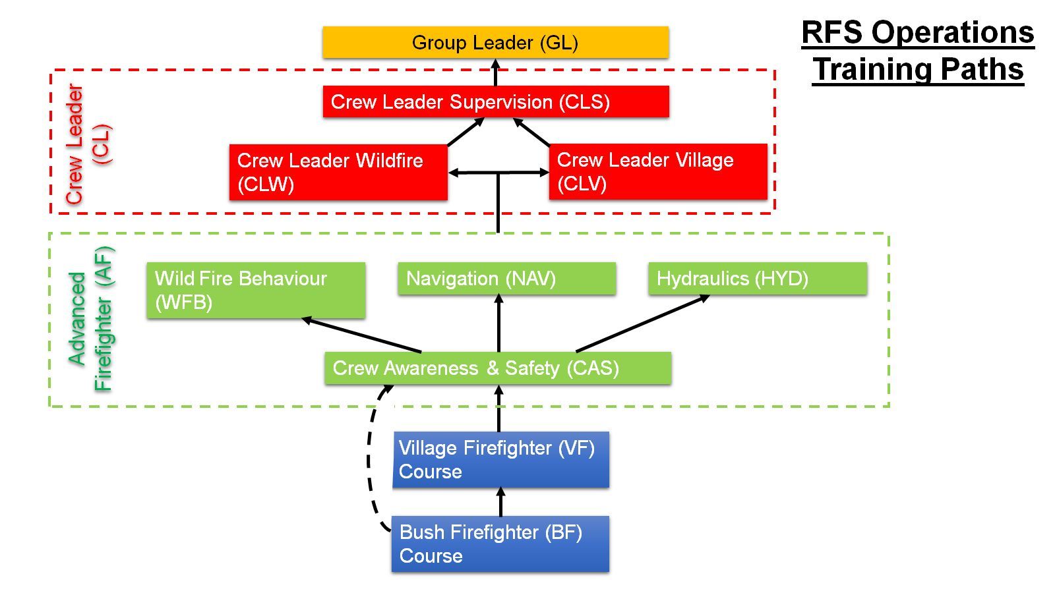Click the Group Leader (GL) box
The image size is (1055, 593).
[495, 42]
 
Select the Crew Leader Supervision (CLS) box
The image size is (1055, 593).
[495, 101]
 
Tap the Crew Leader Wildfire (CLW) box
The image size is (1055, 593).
[338, 172]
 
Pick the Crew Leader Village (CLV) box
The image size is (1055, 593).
[657, 171]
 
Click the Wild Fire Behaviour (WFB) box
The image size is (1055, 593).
[255, 290]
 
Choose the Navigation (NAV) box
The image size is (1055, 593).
[506, 278]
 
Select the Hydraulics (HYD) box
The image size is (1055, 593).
[757, 278]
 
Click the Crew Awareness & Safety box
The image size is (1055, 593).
[497, 368]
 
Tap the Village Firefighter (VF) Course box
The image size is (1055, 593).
[500, 459]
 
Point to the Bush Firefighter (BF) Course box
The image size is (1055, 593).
[500, 544]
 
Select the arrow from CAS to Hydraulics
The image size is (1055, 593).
[643, 323]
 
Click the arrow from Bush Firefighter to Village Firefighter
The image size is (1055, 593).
[500, 502]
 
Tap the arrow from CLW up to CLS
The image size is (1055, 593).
[466, 132]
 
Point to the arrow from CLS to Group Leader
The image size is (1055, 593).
[496, 72]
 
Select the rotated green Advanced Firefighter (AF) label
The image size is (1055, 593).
[92, 319]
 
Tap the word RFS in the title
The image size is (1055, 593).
[832, 32]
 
